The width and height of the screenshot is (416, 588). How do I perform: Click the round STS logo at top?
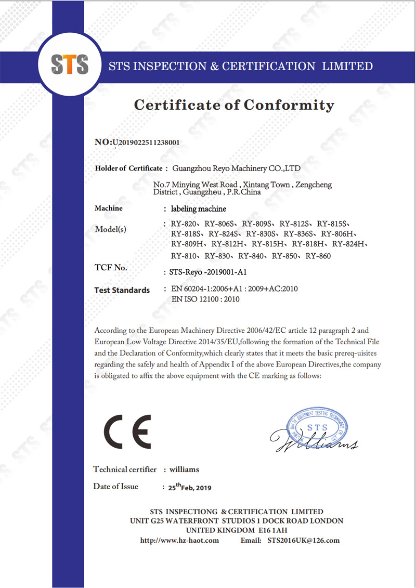tap(69, 65)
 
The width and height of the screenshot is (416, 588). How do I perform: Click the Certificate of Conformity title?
tap(234, 105)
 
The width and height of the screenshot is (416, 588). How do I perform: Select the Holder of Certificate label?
tap(129, 168)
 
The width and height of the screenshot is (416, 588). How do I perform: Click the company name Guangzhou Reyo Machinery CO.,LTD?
tap(236, 168)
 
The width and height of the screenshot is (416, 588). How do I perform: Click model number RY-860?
tap(318, 256)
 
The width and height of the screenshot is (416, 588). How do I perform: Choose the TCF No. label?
tap(111, 268)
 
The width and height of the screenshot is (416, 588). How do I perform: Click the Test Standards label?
tap(122, 290)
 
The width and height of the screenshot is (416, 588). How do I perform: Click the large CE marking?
tap(127, 432)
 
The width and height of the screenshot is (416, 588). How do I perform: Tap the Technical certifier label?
tap(125, 469)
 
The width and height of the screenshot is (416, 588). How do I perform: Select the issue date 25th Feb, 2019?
tap(190, 488)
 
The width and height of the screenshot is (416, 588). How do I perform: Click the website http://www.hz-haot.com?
tap(179, 540)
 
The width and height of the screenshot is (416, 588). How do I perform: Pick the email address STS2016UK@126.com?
tap(303, 540)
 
